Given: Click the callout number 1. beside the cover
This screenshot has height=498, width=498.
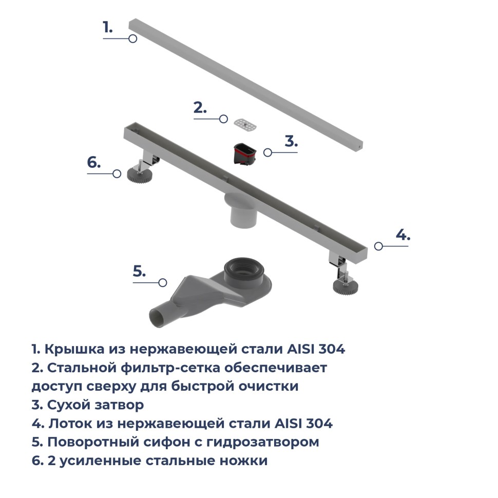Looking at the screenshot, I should pyautogui.click(x=107, y=27).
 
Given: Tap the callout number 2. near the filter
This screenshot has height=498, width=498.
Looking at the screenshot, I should pyautogui.click(x=200, y=108).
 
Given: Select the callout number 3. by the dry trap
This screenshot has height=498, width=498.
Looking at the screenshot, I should pyautogui.click(x=291, y=141).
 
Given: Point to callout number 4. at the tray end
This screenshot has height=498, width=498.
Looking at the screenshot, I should pyautogui.click(x=403, y=235).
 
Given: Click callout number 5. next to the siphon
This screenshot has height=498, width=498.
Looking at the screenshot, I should pyautogui.click(x=140, y=271).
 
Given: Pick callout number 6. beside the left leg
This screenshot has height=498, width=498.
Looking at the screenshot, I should pyautogui.click(x=93, y=162).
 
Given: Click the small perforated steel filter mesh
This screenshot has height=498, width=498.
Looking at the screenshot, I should pyautogui.click(x=245, y=123).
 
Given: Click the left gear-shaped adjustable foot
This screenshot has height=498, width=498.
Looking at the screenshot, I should pyautogui.click(x=139, y=174).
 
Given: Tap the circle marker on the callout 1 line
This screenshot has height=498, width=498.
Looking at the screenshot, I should pyautogui.click(x=132, y=39).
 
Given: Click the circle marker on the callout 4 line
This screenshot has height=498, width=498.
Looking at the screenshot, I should pyautogui.click(x=378, y=246).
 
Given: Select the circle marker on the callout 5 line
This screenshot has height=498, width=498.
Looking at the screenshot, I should pyautogui.click(x=163, y=282).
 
